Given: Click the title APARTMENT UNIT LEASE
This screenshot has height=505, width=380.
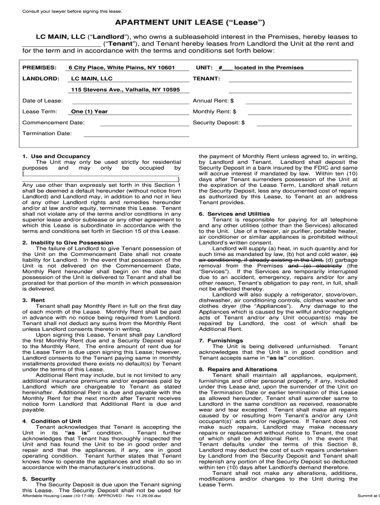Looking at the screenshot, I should coord(190,23).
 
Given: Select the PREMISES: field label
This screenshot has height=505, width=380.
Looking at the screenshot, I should coord(39,68).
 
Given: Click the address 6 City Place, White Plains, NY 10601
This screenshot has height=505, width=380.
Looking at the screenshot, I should coord(121,68).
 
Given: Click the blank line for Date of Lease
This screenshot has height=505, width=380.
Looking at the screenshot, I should coord(131,101).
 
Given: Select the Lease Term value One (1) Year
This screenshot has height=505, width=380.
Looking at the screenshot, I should coord(89,111).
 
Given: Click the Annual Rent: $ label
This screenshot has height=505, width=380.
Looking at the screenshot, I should coord(213,101).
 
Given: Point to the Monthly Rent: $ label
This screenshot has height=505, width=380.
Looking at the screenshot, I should coord(214,111).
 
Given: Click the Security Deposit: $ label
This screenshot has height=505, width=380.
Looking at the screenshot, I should coord(219,122).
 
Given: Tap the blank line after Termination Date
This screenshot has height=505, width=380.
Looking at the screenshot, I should coord(136,134).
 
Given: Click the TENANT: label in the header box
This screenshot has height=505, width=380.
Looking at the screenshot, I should coord(206,78).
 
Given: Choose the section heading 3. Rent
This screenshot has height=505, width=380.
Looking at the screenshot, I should coord(34,300).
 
